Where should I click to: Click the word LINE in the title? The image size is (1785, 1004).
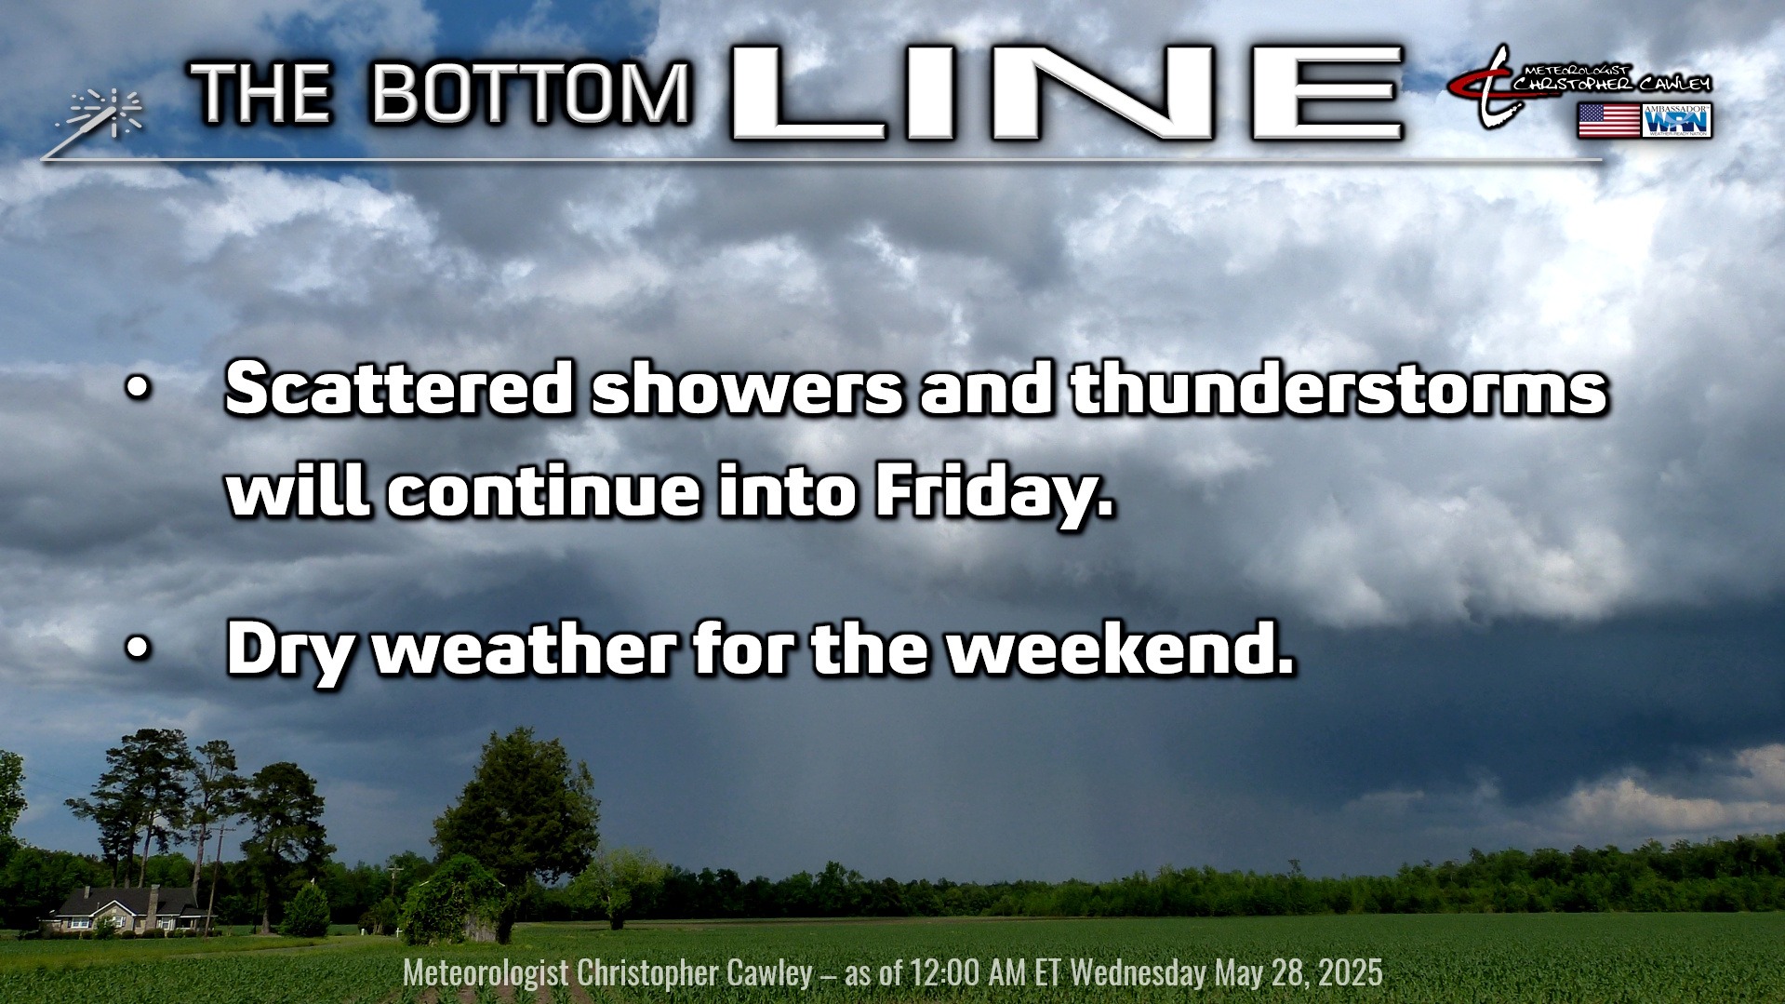1067,94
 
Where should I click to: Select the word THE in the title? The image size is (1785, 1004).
261,94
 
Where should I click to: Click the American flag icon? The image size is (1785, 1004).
1608,121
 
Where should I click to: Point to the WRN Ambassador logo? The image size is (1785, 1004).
1677,121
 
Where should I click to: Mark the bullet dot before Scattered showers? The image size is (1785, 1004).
138,392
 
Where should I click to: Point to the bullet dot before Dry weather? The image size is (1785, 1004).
138,652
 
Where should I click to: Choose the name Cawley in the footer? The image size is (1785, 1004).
769,973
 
